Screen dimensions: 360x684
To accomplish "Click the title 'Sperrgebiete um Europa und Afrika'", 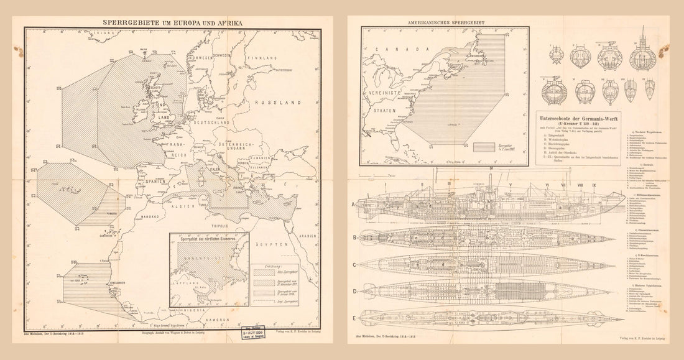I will tap(172, 22).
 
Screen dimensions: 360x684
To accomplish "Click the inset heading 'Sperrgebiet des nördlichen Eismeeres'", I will tap(210, 238).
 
